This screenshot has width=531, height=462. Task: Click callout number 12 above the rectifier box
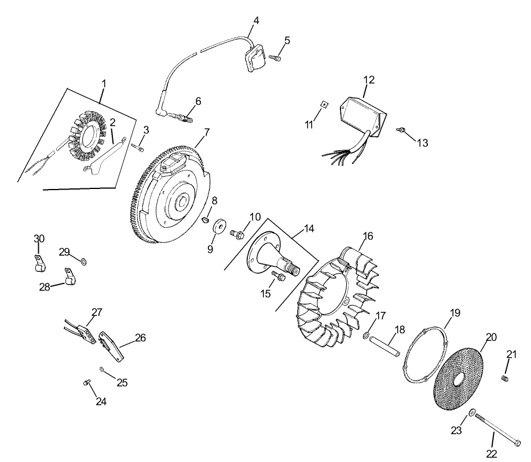point(369,79)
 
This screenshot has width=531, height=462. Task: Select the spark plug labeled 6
point(181,119)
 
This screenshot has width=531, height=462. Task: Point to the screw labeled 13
point(399,130)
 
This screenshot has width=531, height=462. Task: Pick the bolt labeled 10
point(236,234)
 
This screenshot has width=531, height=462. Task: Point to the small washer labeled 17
point(367,336)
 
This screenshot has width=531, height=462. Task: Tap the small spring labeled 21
point(504,379)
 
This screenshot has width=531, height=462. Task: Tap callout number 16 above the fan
point(368,236)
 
